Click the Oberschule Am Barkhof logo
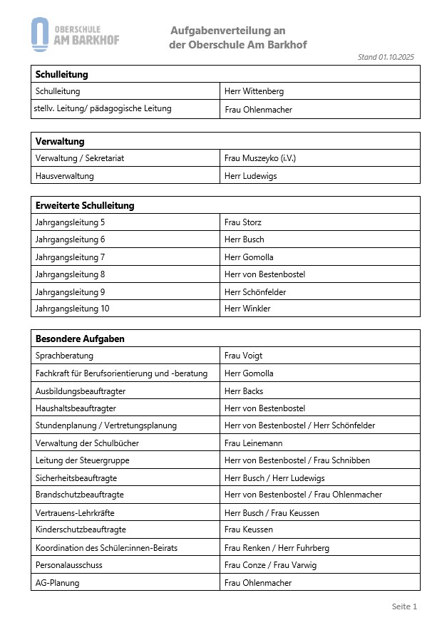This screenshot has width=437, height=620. pos(75,35)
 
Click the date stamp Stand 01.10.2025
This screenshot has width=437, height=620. pos(386,57)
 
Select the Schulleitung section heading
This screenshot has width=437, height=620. pos(61,74)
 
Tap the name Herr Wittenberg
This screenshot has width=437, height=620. pos(254,91)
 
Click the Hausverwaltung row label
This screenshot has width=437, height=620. pos(64,175)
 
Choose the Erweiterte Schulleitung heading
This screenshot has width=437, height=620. pos(85,205)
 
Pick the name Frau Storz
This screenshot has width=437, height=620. pos(243,222)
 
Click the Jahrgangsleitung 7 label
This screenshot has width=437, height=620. pos(70,257)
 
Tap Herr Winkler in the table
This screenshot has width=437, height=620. pos(247,309)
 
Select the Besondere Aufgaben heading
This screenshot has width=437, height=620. pos(80,339)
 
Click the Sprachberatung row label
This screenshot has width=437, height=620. pos(64,356)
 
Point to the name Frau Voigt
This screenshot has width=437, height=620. pos(243,356)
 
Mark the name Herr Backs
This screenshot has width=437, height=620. pos(244,391)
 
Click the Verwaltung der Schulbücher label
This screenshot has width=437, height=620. pos(87,443)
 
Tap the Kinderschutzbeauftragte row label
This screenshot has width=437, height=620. pos(81,529)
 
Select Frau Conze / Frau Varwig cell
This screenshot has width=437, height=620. pos(270,565)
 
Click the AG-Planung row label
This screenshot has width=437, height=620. pos(57,582)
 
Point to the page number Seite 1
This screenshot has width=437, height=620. pos(404,606)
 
